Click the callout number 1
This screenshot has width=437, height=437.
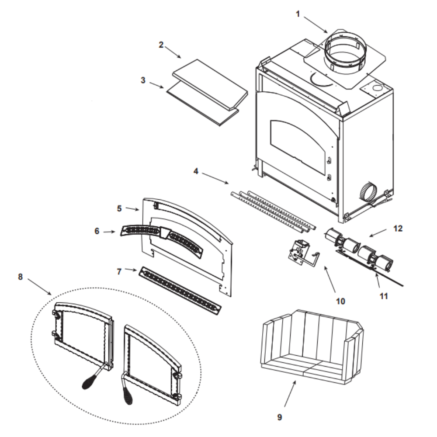coord(298,14)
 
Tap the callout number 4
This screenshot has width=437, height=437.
coord(196,172)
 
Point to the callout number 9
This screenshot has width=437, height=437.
coord(279,417)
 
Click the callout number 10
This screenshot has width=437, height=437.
coord(340,301)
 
